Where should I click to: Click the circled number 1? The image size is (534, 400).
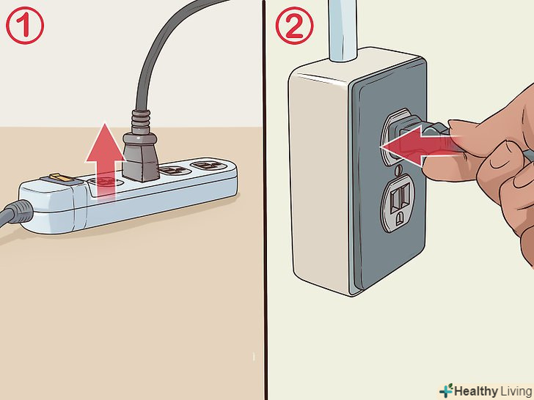click(25, 26)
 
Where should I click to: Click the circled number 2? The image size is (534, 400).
click(294, 26)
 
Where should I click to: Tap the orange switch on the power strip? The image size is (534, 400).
click(59, 177)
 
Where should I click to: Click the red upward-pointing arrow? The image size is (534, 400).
click(106, 160)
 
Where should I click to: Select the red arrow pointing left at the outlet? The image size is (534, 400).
click(419, 147)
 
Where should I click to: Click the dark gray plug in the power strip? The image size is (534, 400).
click(141, 156)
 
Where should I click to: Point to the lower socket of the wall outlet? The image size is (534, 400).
click(398, 203)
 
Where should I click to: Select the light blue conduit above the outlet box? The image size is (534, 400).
click(343, 31)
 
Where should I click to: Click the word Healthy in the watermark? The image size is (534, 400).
click(476, 391)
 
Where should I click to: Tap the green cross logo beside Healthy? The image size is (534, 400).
click(446, 390)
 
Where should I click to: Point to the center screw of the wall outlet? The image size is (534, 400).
click(399, 169)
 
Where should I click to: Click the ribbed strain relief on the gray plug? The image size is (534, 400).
click(140, 122)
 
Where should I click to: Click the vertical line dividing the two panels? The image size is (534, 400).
click(265, 200)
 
